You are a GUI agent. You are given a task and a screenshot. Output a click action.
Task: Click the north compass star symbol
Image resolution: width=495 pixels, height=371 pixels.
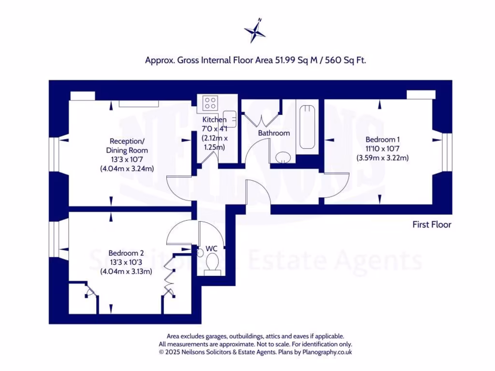[x=254, y=30]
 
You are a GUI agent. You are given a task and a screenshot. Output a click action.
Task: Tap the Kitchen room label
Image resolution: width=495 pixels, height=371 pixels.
[x=214, y=120]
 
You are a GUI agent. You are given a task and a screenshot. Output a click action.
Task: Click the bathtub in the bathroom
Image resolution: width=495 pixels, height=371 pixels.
[x=307, y=127]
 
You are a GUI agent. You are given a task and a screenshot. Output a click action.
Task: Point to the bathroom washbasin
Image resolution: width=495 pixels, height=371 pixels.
[x=283, y=157]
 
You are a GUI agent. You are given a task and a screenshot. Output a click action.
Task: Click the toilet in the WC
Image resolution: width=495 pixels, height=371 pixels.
[x=212, y=264]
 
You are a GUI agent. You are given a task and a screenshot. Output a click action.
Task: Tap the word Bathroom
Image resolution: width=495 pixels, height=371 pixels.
[x=274, y=133]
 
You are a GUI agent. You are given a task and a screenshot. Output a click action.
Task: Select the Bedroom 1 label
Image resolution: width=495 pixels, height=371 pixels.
[x=382, y=140]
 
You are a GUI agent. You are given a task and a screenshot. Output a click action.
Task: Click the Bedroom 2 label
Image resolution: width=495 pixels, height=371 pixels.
[x=126, y=253]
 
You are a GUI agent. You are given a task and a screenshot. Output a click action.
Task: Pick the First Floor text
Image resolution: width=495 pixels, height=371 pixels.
[x=432, y=225]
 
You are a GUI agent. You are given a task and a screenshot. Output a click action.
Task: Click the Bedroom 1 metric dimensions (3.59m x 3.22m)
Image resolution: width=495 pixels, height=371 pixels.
[x=383, y=158]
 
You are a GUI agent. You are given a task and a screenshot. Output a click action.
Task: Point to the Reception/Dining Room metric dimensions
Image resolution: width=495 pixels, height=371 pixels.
[x=127, y=169]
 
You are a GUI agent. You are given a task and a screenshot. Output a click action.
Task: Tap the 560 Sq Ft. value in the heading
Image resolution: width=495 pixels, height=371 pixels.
[x=345, y=60]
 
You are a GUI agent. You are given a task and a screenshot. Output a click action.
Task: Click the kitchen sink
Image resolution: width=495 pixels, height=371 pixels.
[x=230, y=119]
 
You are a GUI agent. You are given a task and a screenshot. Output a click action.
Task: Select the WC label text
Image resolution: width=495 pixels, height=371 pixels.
[x=212, y=249]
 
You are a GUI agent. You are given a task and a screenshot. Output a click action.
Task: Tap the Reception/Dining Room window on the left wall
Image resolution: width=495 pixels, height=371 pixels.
[x=54, y=155]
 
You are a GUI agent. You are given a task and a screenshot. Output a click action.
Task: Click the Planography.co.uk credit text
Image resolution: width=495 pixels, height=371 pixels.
[x=327, y=352]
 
